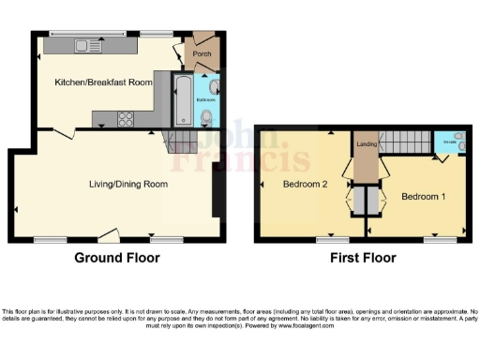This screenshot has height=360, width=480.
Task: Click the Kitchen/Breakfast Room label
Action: (103, 82)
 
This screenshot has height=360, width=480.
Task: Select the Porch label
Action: (202, 53)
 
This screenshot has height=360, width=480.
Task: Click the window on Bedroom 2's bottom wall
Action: (330, 240)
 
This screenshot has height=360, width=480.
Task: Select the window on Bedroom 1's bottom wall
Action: (433, 240)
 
